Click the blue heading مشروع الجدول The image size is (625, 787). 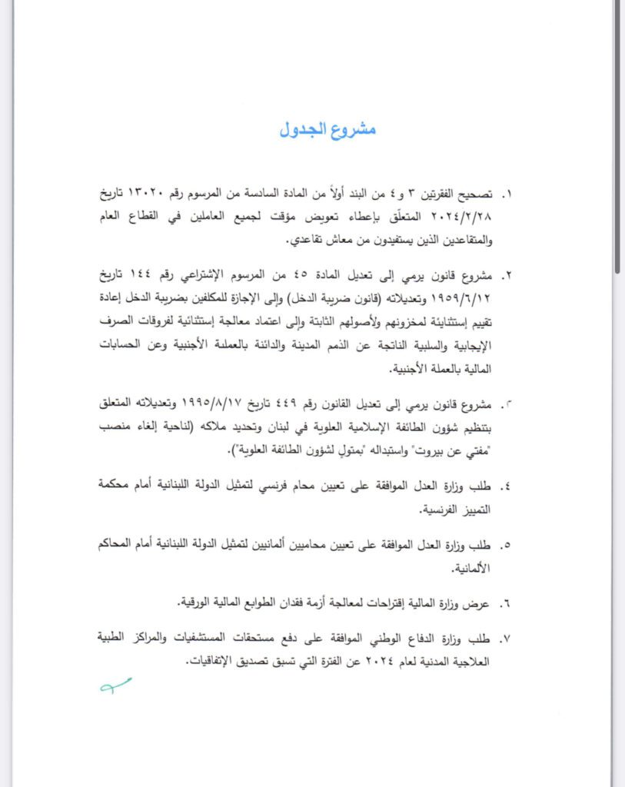pyautogui.click(x=327, y=129)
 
